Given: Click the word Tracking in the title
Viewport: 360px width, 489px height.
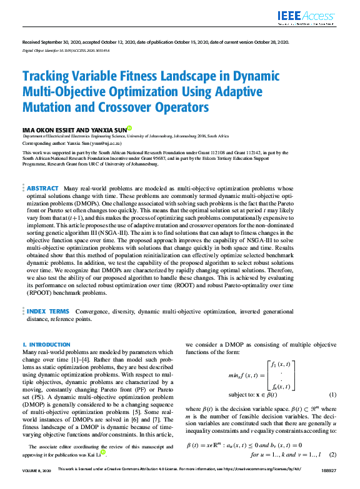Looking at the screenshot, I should pos(47,77).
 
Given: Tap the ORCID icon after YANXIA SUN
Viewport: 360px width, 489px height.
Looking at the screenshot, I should pos(129,129).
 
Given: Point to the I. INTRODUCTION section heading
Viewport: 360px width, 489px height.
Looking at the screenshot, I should pos(46,345).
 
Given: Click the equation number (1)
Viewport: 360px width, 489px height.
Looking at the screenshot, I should pos(332,395).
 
